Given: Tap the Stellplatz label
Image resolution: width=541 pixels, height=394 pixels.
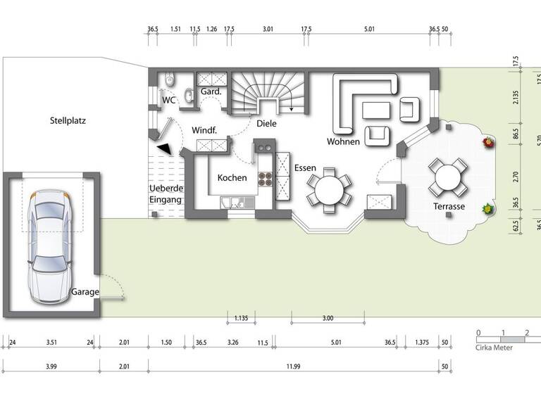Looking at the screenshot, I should pyautogui.click(x=68, y=120).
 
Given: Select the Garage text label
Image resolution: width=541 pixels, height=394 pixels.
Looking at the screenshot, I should pyautogui.click(x=85, y=292).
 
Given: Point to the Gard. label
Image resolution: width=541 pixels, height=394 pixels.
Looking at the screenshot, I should pyautogui.click(x=211, y=92).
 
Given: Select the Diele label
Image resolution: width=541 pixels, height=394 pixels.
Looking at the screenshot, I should pyautogui.click(x=266, y=123).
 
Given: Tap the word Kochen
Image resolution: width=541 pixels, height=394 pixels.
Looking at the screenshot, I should pyautogui.click(x=232, y=178).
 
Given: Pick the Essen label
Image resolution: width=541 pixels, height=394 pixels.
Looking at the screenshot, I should pyautogui.click(x=305, y=170).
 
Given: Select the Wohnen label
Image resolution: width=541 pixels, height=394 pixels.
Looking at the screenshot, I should pyautogui.click(x=343, y=141).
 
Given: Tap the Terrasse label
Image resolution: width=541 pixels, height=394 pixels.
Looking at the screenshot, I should pyautogui.click(x=448, y=207).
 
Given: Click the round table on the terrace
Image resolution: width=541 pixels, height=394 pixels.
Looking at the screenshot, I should pyautogui.click(x=448, y=177).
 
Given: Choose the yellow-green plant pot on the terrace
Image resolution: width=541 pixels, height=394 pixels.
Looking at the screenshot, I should pyautogui.click(x=486, y=209).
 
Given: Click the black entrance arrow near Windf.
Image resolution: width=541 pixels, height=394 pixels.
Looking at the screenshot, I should pyautogui.click(x=164, y=148).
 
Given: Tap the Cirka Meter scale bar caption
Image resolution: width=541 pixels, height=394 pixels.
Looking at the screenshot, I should pyautogui.click(x=495, y=347).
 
